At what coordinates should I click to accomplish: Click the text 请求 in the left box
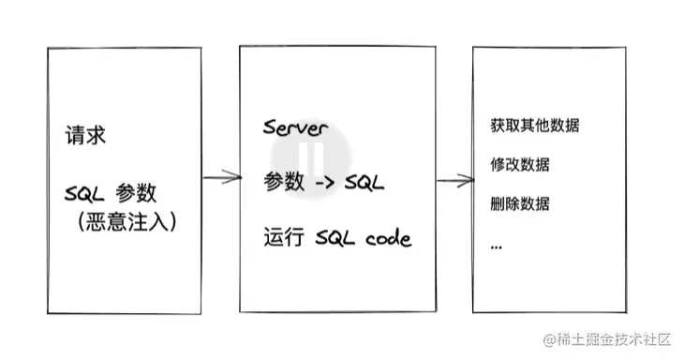[x=84, y=135]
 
